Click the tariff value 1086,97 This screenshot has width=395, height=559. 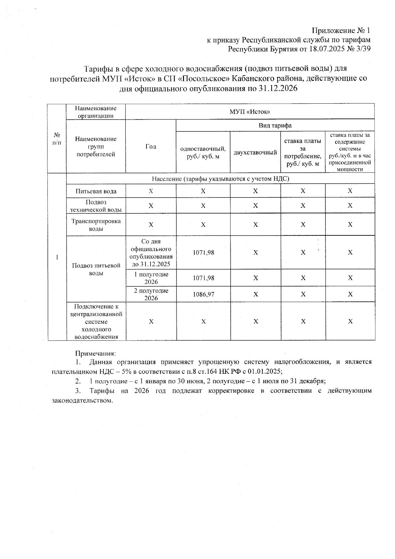pyautogui.click(x=203, y=294)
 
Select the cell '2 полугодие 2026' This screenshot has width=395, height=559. pyautogui.click(x=151, y=294)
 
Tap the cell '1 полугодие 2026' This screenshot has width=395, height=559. pyautogui.click(x=151, y=278)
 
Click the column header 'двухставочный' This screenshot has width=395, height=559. pyautogui.click(x=255, y=153)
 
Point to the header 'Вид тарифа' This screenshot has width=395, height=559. pyautogui.click(x=275, y=125)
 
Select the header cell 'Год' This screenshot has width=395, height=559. pyautogui.click(x=151, y=146)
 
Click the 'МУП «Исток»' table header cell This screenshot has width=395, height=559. pyautogui.click(x=250, y=112)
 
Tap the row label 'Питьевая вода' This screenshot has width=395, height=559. pyautogui.click(x=96, y=191)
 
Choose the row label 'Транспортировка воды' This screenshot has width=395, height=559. pyautogui.click(x=96, y=225)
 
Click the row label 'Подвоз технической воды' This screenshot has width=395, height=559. pyautogui.click(x=96, y=206)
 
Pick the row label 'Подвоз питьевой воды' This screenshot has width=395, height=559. pyautogui.click(x=96, y=269)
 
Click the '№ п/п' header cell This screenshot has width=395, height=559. pyautogui.click(x=57, y=139)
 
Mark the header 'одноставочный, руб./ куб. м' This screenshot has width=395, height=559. pyautogui.click(x=203, y=153)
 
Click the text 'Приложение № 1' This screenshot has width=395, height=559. pyautogui.click(x=341, y=31)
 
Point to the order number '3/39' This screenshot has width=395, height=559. pyautogui.click(x=362, y=49)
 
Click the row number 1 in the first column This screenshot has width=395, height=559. pyautogui.click(x=57, y=257)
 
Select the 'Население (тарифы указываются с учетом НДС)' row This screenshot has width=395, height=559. pyautogui.click(x=220, y=179)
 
